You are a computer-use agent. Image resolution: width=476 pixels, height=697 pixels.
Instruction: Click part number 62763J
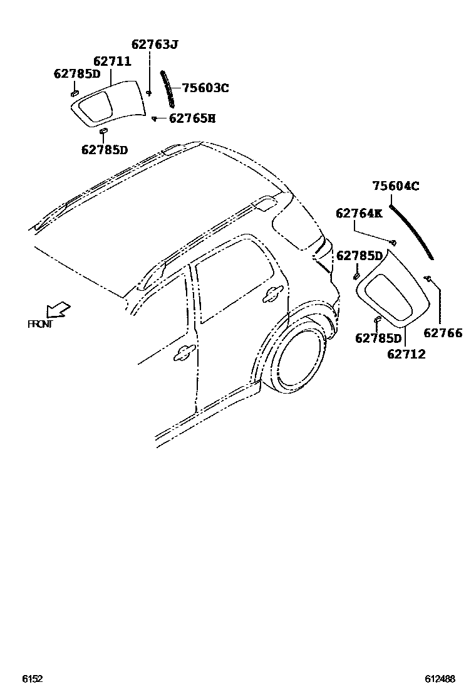155,45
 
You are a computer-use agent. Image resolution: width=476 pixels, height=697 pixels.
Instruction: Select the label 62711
112,61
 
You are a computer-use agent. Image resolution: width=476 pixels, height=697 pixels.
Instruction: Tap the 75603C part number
205,88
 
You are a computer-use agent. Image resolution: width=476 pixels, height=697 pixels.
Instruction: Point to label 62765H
192,117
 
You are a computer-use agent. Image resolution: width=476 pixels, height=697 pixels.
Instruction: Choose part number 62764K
359,213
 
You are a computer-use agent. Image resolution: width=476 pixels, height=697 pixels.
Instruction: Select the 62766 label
443,333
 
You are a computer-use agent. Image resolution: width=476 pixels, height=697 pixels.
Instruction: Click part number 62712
406,355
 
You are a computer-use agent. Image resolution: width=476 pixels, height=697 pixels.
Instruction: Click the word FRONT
40,324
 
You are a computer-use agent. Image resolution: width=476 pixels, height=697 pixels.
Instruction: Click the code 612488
440,679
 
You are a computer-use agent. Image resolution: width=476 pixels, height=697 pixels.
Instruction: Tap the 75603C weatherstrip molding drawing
168,90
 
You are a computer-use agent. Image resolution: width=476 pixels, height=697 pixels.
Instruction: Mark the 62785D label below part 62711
104,150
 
